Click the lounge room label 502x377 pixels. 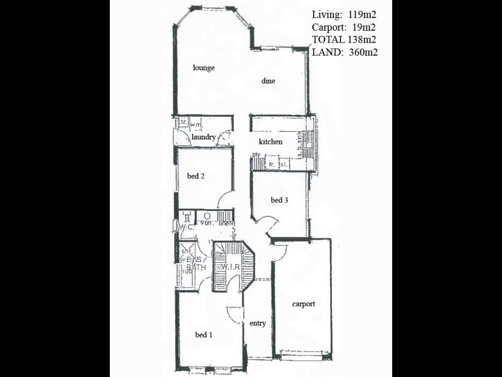pos(204,68)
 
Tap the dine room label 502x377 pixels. pos(269,80)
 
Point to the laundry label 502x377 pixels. pos(204,137)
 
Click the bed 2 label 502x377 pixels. pos(196,177)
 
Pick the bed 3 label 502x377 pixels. pos(279,200)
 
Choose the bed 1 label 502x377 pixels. pos(203,335)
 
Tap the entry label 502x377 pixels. pos(258,324)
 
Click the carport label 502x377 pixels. pos(304,304)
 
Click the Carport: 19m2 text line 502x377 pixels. pos(344,28)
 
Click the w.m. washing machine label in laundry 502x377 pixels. pos(195,125)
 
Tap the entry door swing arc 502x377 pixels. pos(233,313)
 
